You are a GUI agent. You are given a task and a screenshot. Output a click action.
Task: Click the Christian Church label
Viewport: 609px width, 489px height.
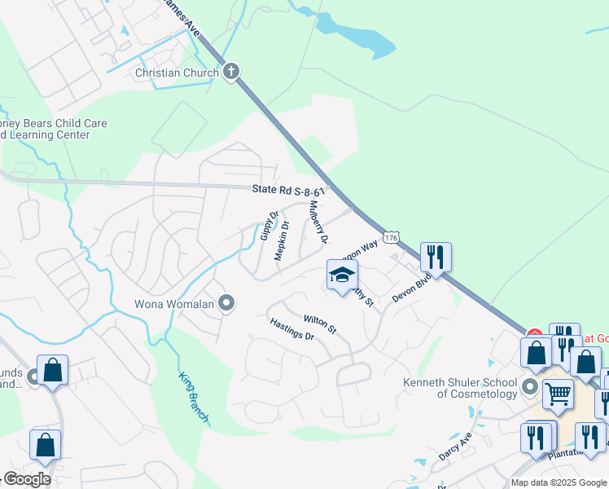click(177, 73)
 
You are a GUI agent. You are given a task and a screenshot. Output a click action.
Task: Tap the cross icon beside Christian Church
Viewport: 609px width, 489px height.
click(231, 72)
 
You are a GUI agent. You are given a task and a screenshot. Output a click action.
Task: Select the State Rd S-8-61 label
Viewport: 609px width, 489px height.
click(288, 190)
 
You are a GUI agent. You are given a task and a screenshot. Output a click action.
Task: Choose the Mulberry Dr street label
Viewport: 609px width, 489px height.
click(317, 222)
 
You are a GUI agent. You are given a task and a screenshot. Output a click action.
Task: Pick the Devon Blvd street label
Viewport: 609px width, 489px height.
click(410, 287)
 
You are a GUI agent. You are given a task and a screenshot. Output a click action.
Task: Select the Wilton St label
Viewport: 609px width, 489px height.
click(320, 324)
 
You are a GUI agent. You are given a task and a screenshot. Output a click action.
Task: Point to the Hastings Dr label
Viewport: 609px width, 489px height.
click(291, 329)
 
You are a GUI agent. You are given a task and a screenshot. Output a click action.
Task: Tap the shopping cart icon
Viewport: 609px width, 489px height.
click(559, 394)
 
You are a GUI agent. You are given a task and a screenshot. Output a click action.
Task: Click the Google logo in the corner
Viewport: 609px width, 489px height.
click(26, 479)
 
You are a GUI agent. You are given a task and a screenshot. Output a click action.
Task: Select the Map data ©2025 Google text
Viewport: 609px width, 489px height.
click(559, 482)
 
